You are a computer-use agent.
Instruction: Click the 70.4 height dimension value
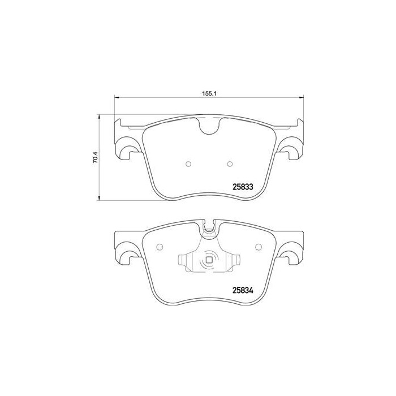tap(96, 156)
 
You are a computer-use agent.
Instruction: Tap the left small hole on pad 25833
tap(188, 165)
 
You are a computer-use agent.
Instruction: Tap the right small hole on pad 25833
tap(230, 165)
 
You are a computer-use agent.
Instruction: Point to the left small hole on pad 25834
tap(159, 247)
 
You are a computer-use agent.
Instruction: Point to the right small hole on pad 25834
tap(259, 247)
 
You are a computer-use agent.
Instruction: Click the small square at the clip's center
tap(209, 261)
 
